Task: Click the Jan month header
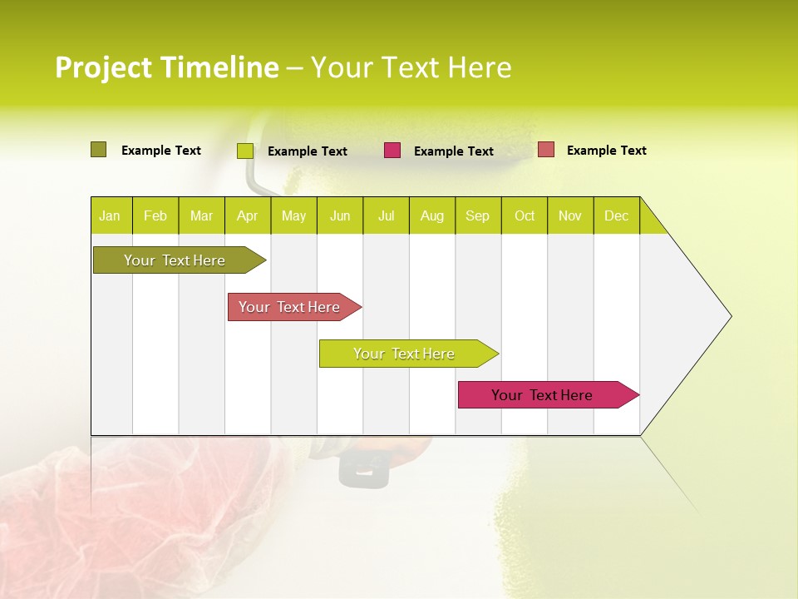(110, 215)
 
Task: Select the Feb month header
(155, 215)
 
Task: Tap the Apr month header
(247, 215)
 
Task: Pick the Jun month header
(340, 215)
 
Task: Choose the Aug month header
(431, 215)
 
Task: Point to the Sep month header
(477, 215)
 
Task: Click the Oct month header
(525, 215)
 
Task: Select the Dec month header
(616, 215)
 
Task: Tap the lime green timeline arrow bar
(405, 354)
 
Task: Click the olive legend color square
(98, 150)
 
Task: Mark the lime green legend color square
(244, 151)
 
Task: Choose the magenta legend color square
(392, 151)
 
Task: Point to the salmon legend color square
(545, 150)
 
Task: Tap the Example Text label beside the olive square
(161, 151)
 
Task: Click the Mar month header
(201, 215)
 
